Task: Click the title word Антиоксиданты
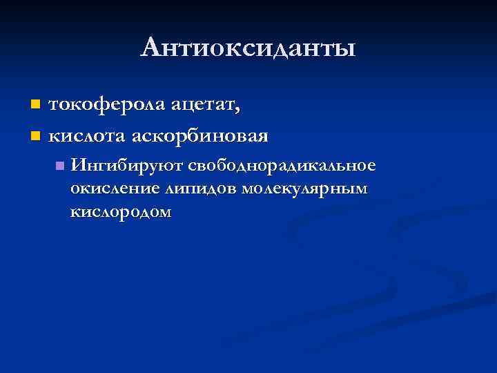[x=248, y=48]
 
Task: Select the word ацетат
[x=205, y=105]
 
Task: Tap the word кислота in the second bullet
[x=86, y=134]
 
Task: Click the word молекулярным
[x=306, y=189]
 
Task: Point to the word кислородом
[x=119, y=211]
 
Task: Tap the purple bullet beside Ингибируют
[x=61, y=166]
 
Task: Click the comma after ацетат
[x=239, y=111]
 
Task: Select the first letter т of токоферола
[x=52, y=106]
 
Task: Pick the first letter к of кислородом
[x=74, y=213]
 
